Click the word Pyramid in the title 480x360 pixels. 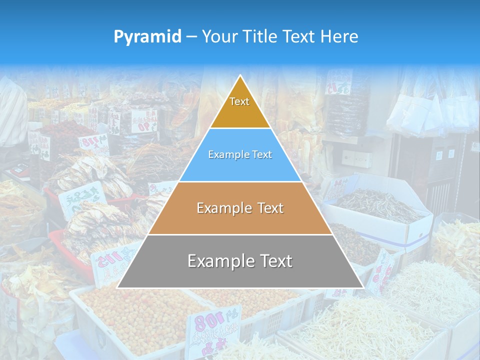pos(147,37)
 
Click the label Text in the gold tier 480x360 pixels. pos(239,101)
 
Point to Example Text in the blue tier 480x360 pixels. pos(240,154)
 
